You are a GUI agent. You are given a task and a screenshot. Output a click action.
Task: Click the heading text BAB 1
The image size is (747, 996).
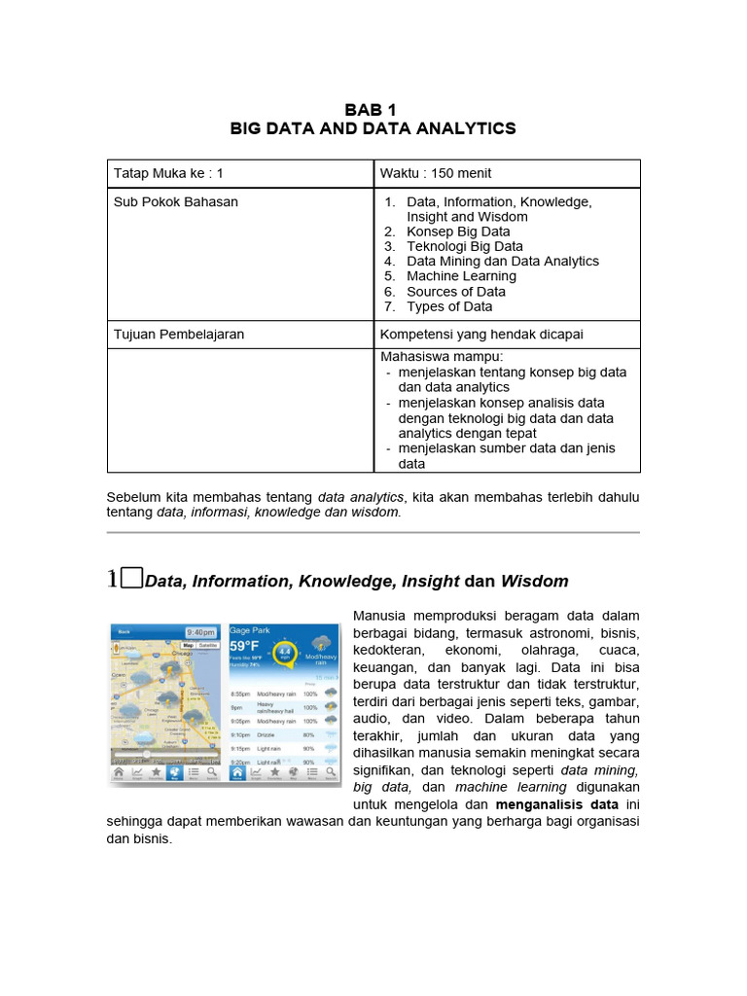coord(373,109)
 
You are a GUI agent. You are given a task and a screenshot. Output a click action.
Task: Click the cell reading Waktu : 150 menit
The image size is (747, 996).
coord(436,173)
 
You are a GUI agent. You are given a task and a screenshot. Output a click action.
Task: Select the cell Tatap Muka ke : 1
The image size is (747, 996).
coord(169,173)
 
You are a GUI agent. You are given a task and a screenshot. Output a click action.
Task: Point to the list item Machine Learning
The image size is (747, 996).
coord(461,276)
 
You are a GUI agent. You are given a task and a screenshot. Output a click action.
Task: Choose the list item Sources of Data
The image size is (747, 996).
coord(455,291)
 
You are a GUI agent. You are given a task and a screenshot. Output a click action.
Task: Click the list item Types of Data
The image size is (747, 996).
coord(449,306)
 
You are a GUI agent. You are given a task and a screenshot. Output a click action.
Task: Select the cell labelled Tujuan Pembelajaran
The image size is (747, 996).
coord(179,334)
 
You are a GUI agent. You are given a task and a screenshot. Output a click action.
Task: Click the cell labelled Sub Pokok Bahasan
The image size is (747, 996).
coord(176,201)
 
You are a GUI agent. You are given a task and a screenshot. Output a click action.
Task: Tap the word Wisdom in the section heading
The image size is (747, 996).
coord(534,582)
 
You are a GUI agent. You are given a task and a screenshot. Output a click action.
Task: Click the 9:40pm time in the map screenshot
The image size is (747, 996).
coord(202,632)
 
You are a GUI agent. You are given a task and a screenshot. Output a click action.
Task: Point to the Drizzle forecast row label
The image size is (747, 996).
coord(267,735)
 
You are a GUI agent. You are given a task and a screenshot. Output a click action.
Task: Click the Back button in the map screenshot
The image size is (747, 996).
coord(124,632)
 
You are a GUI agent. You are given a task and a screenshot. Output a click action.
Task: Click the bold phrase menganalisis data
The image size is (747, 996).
coord(557,805)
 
